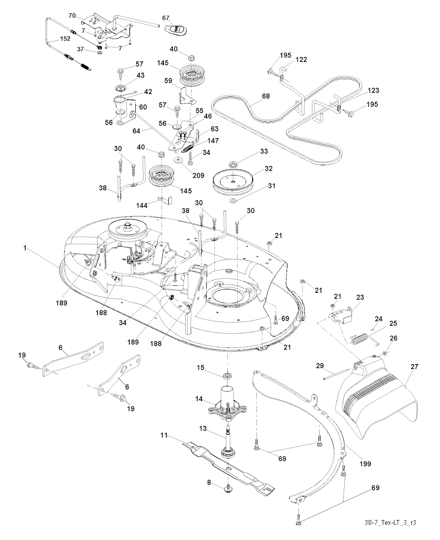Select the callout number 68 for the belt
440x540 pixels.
(x=266, y=97)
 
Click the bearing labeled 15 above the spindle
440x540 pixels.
(x=226, y=376)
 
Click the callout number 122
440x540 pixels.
(x=301, y=60)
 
